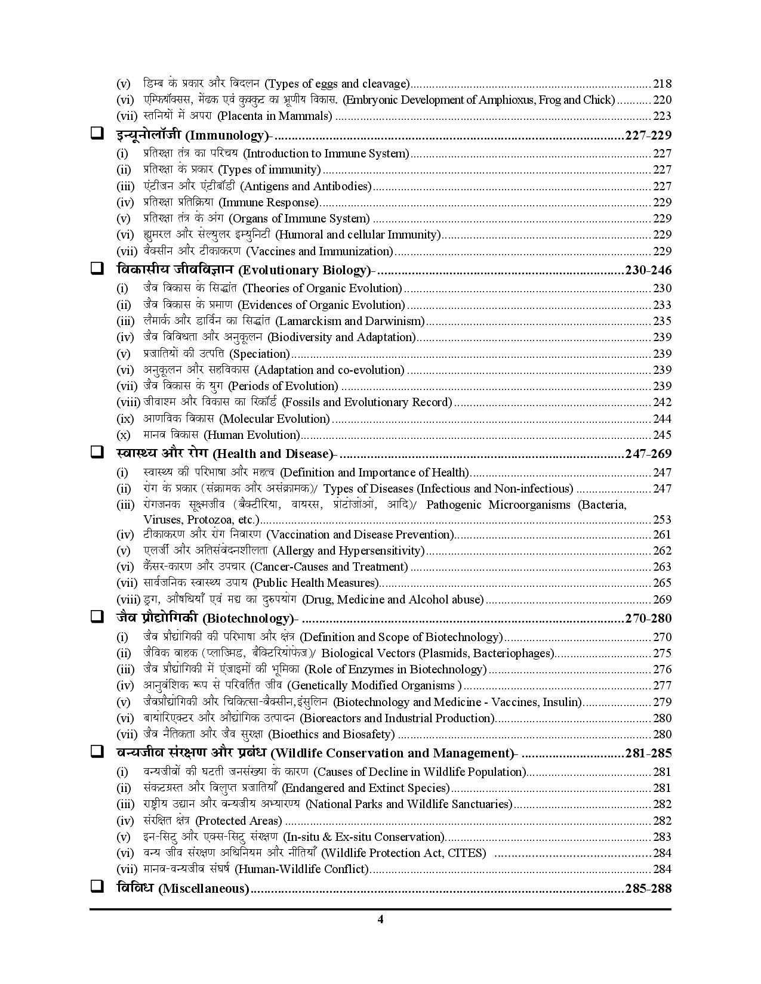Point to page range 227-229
tap(648, 136)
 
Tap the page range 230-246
tap(648, 270)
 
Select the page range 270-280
tap(648, 618)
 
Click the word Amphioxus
tap(507, 100)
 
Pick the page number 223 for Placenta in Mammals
tap(662, 116)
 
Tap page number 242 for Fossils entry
tap(662, 403)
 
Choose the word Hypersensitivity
tap(380, 551)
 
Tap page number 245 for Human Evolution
tap(662, 435)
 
